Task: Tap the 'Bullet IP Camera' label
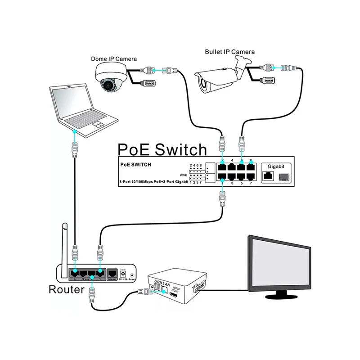click(x=229, y=52)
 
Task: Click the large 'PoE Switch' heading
click(x=162, y=149)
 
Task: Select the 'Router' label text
click(x=66, y=289)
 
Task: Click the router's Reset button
click(x=131, y=274)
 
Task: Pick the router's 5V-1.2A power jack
click(x=122, y=273)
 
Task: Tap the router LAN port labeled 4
click(x=75, y=273)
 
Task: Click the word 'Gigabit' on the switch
click(x=276, y=166)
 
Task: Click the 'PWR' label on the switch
click(x=183, y=175)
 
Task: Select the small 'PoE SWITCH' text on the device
click(x=136, y=164)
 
